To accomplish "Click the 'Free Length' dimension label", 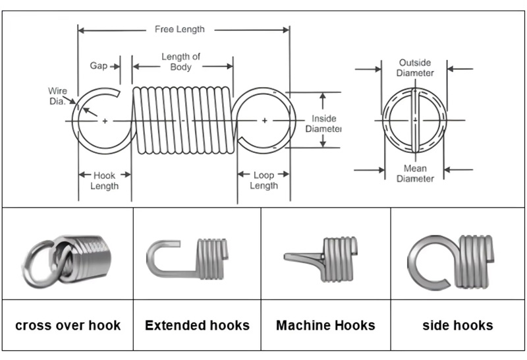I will point(179,29).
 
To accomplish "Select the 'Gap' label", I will point(98,66).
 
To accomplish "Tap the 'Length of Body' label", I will point(180,62).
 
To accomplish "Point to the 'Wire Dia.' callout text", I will point(57,96).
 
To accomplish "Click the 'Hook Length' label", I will point(104,181).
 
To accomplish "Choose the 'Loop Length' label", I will point(263,181).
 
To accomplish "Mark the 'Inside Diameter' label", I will point(323,124).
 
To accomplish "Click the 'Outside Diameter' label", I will point(415,68).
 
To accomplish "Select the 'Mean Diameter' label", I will point(415,174).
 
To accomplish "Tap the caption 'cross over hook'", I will point(68,325).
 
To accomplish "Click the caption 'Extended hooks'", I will point(197,325).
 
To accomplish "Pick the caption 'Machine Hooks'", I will point(325,325).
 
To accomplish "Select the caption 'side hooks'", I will point(457,325).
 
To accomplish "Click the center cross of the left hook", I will point(105,121).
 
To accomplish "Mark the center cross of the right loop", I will point(264,121).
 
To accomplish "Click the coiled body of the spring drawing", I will point(182,121).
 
